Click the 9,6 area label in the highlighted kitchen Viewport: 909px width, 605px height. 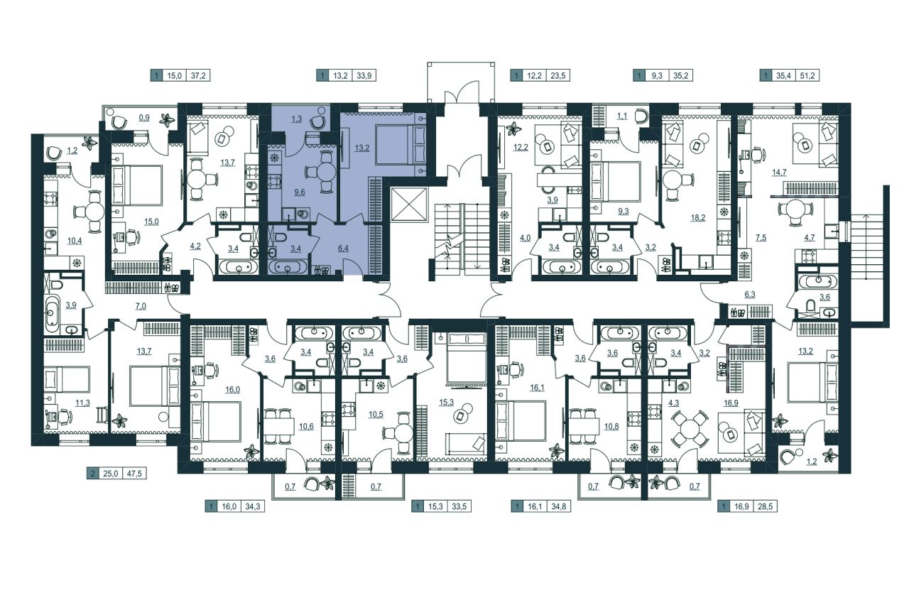coord(300,192)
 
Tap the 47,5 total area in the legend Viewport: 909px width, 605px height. coord(134,474)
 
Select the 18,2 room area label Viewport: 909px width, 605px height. coord(698,217)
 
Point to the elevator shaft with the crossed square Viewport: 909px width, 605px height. coord(410,205)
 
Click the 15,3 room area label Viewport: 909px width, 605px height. coord(446,402)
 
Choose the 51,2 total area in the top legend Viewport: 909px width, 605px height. coord(807,75)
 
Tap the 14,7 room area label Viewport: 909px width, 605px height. coord(779,172)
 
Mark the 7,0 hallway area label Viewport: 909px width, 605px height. coord(141,306)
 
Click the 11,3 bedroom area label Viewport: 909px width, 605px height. coord(83,403)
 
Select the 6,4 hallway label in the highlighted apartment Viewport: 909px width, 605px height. coord(343,248)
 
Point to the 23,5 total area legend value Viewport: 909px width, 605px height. coord(558,75)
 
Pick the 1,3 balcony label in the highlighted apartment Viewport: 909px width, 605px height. coord(297,119)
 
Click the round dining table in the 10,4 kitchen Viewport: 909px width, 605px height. coord(94,212)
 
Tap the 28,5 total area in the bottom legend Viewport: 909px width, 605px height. coord(766,507)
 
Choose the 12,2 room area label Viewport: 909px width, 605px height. coord(521,147)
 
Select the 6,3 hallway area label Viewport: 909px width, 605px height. coord(749,295)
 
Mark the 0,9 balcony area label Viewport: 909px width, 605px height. coord(144,118)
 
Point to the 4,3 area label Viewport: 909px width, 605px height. coord(674,403)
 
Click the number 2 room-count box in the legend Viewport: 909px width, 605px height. coord(93,474)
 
